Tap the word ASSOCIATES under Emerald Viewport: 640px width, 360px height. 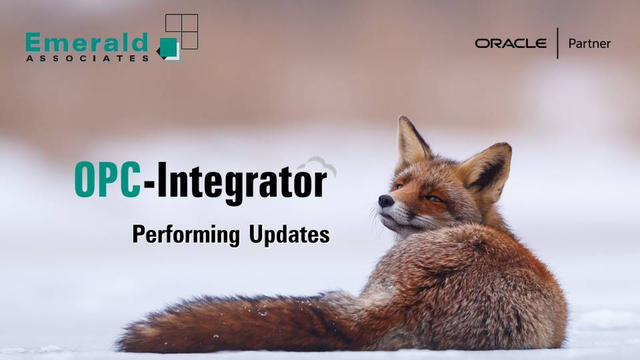[87, 59]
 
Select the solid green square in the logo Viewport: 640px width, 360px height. [169, 47]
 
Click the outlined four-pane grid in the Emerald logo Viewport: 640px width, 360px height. [181, 31]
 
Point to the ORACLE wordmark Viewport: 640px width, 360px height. [511, 43]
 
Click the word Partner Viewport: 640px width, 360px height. [589, 43]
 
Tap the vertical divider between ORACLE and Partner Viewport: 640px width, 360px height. [557, 43]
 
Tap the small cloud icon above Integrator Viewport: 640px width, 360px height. [316, 167]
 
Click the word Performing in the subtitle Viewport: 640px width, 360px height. [186, 235]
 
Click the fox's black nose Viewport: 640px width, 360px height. [385, 200]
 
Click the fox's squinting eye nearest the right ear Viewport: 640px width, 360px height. [434, 199]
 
